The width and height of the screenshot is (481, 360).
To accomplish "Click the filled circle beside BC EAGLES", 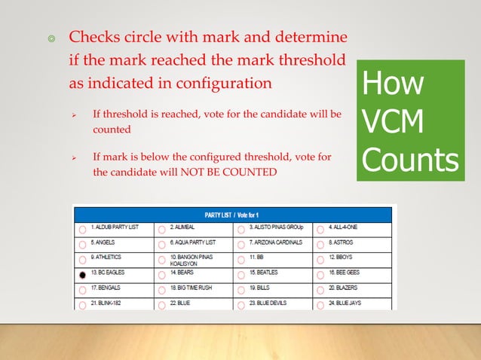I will pos(81,275).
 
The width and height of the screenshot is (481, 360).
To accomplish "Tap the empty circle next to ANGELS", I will pos(81,244).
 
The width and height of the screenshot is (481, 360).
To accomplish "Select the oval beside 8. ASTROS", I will pos(320,244).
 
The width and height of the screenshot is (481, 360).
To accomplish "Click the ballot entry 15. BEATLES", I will pos(265,272).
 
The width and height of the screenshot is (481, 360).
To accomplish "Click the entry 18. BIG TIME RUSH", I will pos(195,288).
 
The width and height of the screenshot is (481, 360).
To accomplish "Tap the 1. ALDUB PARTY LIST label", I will pos(115,226).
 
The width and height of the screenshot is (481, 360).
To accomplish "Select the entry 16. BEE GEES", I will pos(348,272).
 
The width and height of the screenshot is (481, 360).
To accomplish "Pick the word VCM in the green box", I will pos(391,122).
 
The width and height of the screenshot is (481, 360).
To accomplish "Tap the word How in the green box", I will pos(392,84).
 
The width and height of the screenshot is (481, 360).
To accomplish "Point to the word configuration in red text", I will pos(227,83).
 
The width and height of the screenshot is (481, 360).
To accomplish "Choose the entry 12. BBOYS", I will pos(342,257).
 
